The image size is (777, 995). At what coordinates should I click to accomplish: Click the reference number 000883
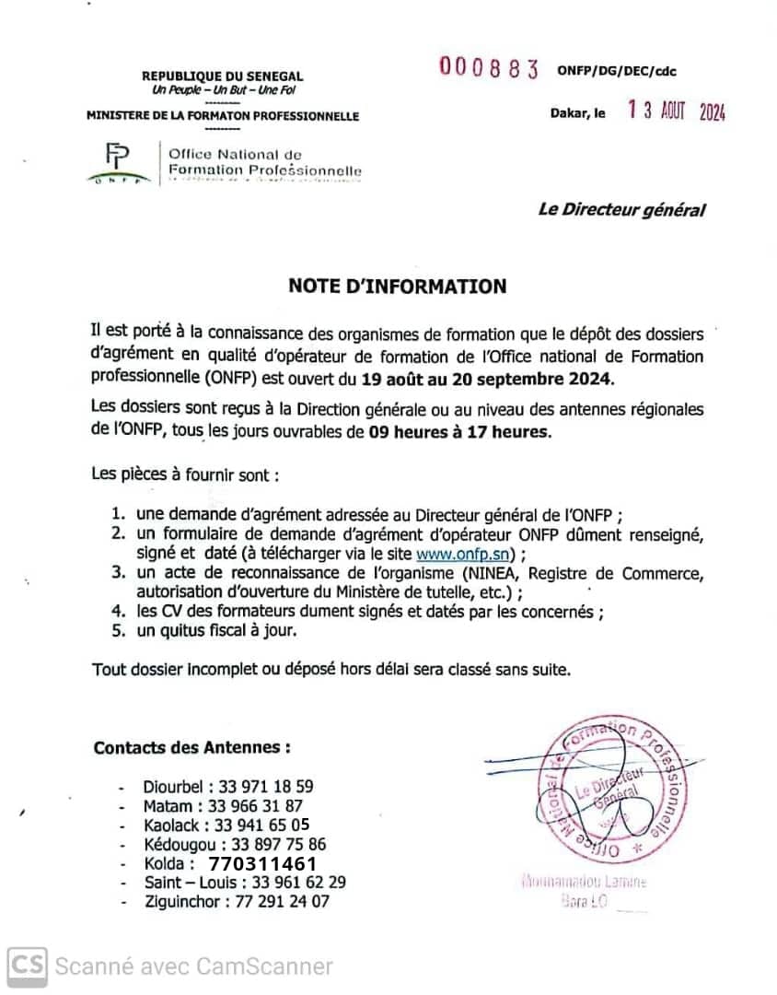pyautogui.click(x=489, y=68)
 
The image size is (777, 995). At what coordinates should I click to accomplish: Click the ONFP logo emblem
pyautogui.click(x=118, y=163)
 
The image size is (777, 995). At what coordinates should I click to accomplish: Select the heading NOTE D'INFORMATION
pyautogui.click(x=398, y=287)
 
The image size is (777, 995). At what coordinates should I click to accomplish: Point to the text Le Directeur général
pyautogui.click(x=621, y=210)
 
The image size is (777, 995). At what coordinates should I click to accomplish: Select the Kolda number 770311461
pyautogui.click(x=262, y=864)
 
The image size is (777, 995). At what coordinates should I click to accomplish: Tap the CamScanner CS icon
pyautogui.click(x=28, y=966)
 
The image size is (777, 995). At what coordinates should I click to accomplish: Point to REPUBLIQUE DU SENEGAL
pyautogui.click(x=222, y=76)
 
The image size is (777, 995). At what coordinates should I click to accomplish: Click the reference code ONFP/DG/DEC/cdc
pyautogui.click(x=617, y=71)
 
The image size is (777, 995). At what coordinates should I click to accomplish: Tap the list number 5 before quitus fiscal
pyautogui.click(x=117, y=631)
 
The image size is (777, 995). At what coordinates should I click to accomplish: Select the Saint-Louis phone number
pyautogui.click(x=291, y=883)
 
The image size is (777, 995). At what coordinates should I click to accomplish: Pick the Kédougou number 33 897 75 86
pyautogui.click(x=278, y=845)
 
